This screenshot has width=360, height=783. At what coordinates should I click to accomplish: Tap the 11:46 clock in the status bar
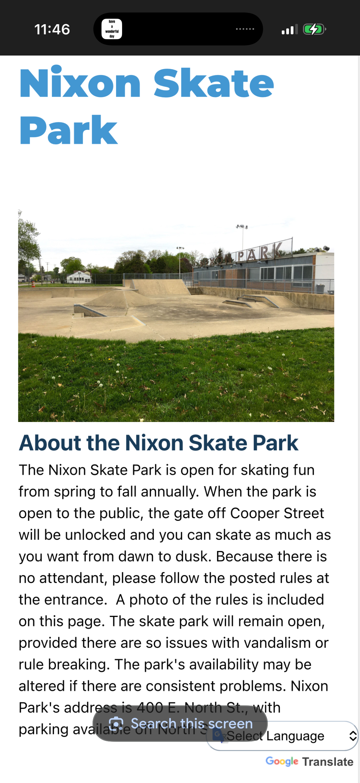(52, 30)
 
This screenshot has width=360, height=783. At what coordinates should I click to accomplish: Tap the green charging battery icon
(314, 30)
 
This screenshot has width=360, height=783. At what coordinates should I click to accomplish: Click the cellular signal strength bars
(289, 30)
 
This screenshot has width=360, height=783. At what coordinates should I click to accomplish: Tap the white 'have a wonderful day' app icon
(112, 29)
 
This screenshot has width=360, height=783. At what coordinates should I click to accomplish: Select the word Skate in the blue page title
(213, 83)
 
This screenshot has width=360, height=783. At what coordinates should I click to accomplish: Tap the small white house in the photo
(79, 277)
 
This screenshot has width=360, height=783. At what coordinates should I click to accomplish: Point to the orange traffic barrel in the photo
(33, 284)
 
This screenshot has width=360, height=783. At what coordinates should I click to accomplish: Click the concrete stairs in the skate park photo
(195, 291)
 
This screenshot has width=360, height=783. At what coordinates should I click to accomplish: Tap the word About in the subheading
(50, 443)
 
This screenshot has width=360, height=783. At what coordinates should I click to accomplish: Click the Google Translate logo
(309, 761)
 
